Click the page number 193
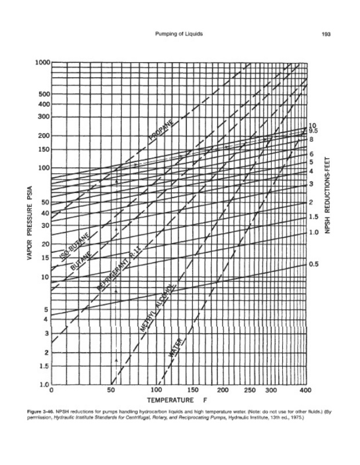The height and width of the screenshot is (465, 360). (x=326, y=34)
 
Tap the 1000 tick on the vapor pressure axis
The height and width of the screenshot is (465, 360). (x=42, y=63)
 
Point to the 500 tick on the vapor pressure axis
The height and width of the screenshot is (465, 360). (x=44, y=94)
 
